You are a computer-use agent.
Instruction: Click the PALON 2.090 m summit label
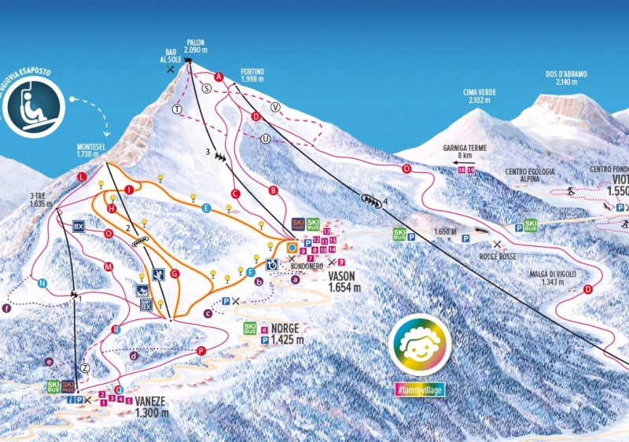click(196, 46)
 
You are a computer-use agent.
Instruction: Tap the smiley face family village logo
click(419, 344)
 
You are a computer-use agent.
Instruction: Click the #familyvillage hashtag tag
click(419, 389)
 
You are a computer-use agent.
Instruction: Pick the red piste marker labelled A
click(219, 76)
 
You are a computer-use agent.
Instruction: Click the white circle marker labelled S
click(207, 89)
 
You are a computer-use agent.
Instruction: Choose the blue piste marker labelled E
click(206, 208)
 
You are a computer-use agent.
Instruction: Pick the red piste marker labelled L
click(82, 178)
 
